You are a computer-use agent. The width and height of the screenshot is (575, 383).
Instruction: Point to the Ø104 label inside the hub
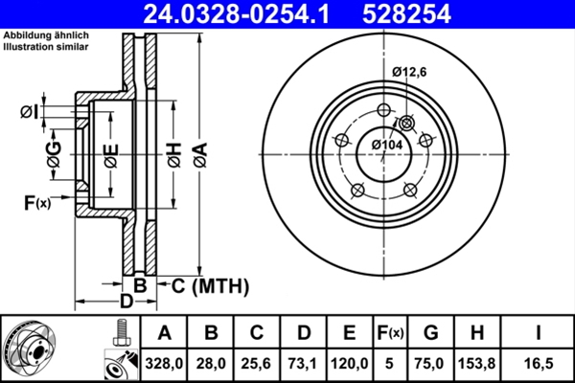(386, 144)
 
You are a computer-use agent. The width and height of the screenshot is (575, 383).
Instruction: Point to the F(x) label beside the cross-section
(36, 202)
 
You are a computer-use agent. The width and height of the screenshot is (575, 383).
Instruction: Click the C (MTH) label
(210, 285)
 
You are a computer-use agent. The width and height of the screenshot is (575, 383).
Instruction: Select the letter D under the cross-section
(124, 304)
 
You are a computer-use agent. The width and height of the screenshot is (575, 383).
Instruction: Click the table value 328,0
(165, 363)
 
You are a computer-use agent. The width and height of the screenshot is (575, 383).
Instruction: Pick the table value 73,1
(303, 363)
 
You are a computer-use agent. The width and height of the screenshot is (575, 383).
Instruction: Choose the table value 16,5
(540, 363)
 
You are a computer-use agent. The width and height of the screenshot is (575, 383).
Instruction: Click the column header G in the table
(431, 332)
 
